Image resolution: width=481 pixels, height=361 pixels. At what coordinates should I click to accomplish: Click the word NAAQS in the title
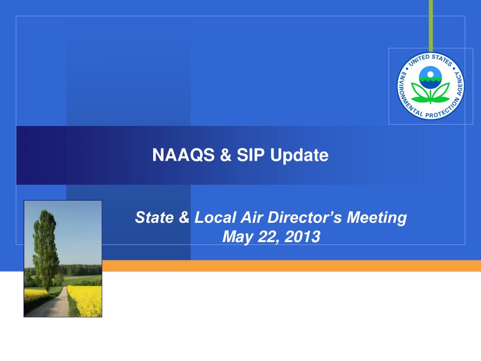[x=183, y=155]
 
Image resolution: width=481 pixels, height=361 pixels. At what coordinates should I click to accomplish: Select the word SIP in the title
[x=250, y=155]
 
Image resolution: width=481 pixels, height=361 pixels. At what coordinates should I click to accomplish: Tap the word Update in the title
[x=299, y=155]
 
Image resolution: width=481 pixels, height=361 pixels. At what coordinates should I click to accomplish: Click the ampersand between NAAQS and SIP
[x=225, y=155]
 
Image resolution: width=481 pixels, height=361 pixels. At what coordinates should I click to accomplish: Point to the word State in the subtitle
[x=154, y=217]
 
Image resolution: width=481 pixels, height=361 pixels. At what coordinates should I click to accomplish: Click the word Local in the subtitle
[x=215, y=217]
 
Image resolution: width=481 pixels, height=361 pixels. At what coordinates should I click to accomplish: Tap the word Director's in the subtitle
[x=304, y=217]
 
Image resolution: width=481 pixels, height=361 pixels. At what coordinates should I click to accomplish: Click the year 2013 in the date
[x=302, y=237]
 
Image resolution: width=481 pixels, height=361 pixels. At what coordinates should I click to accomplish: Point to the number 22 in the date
[x=267, y=237]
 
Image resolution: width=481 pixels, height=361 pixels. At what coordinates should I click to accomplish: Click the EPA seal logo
[x=430, y=86]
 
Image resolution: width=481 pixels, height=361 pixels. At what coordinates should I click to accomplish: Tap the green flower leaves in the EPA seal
[x=430, y=93]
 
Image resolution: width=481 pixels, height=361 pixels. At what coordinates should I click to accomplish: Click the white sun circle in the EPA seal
[x=430, y=74]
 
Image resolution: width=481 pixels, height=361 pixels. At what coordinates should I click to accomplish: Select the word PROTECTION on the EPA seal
[x=443, y=110]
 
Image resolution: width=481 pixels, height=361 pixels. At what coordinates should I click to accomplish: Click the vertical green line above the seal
[x=431, y=26]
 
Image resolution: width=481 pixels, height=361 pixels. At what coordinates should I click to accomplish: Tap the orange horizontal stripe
[x=291, y=266]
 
